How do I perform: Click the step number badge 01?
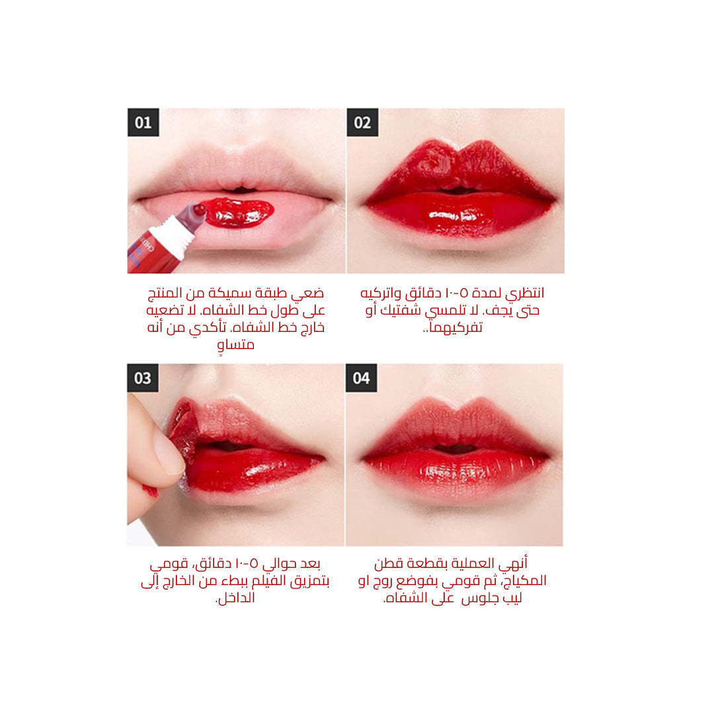coord(143,122)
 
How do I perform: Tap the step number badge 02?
coord(362,122)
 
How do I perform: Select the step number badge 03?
coord(143,378)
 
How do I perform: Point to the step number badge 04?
coord(361,378)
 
